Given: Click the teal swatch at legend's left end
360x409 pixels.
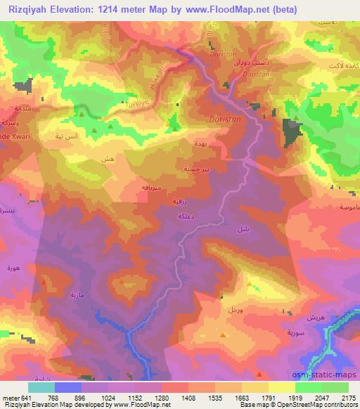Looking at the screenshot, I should [x=41, y=387].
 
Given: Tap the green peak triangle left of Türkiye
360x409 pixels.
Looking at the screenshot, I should [x=82, y=112].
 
